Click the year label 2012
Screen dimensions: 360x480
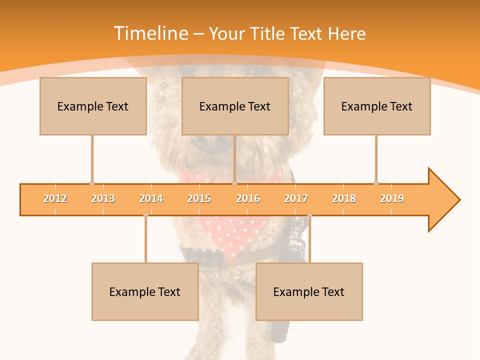[x=55, y=198]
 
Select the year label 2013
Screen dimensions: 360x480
[x=103, y=198]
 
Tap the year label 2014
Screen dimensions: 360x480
[x=151, y=198]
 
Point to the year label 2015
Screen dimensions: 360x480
[x=199, y=198]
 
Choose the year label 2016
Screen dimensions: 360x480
[x=248, y=198]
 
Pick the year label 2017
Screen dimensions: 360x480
[x=296, y=198]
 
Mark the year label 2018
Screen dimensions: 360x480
[x=344, y=198]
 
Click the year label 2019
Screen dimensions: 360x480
[x=392, y=198]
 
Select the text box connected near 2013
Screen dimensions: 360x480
[x=93, y=106]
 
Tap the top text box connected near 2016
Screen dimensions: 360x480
[x=235, y=106]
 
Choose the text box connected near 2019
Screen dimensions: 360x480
[x=377, y=106]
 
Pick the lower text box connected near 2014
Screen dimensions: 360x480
[x=145, y=291]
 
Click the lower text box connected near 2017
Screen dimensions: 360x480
[x=309, y=291]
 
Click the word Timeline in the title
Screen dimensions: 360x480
[x=150, y=33]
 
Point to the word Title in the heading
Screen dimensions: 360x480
[x=270, y=33]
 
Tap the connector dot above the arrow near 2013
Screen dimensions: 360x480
[x=92, y=183]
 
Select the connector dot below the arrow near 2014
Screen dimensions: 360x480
[x=145, y=215]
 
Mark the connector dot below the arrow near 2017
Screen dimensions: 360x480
[x=309, y=215]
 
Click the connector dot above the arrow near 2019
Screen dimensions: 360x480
[x=376, y=183]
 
